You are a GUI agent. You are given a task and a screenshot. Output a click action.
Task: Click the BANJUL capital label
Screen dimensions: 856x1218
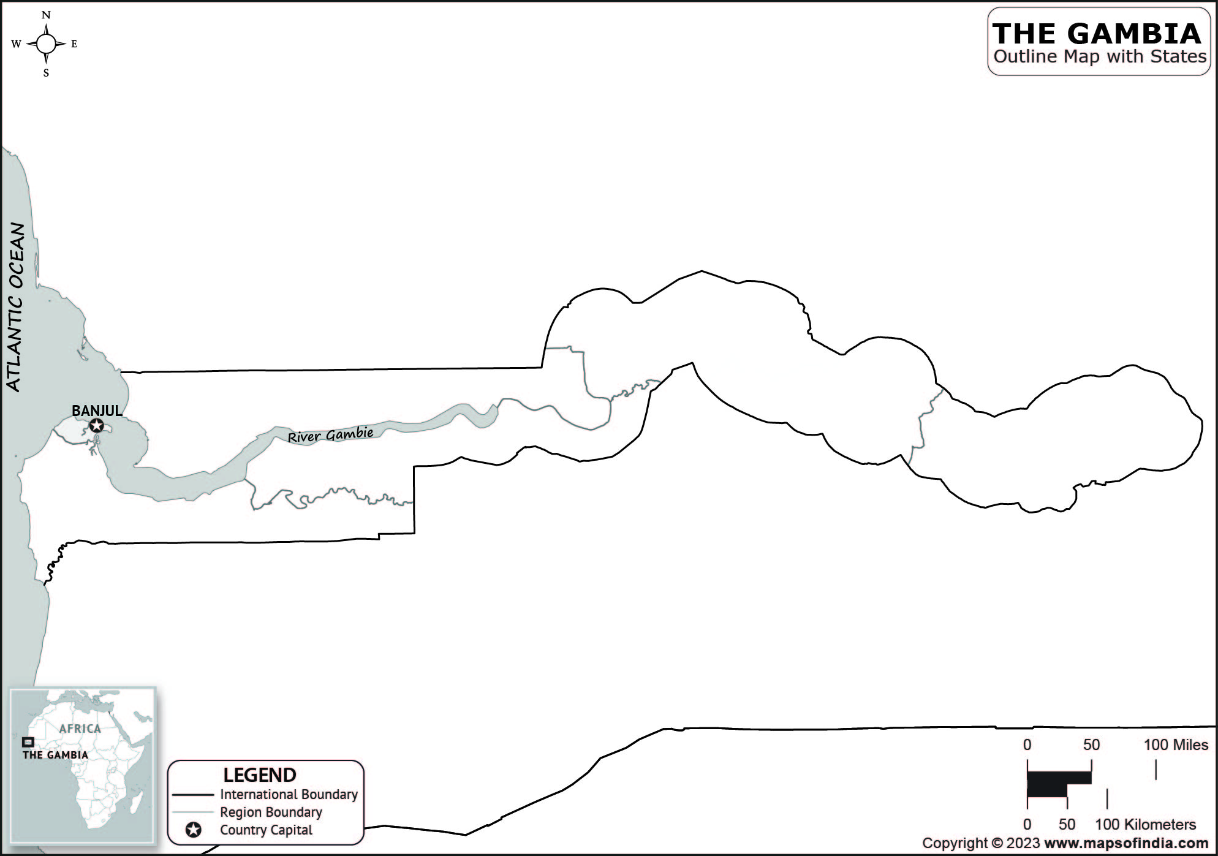(97, 411)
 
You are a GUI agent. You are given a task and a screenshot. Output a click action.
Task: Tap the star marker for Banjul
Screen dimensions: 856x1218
(96, 425)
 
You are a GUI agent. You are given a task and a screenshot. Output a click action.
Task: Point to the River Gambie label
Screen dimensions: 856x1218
(330, 435)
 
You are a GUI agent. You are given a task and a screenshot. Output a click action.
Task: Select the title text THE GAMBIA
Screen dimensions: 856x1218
(1097, 34)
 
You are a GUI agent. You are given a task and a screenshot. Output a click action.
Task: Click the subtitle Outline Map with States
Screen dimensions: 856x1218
(1100, 56)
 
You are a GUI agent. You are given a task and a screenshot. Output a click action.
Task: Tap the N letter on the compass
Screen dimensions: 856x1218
(46, 15)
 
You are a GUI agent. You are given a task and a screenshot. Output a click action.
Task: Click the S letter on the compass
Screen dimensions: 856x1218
(46, 73)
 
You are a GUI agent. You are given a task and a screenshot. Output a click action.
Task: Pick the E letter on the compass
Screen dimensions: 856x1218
(74, 44)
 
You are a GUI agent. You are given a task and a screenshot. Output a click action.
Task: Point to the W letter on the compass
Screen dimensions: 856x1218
(16, 44)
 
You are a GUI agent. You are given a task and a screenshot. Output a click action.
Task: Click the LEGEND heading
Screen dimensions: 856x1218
(260, 775)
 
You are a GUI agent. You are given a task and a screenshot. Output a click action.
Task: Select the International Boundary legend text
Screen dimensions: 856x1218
(289, 795)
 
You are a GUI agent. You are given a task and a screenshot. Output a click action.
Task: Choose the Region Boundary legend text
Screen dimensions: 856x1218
(271, 812)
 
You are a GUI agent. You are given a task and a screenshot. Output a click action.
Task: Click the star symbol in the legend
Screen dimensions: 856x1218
(194, 830)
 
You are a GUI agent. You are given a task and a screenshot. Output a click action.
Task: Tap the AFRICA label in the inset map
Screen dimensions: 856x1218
(80, 729)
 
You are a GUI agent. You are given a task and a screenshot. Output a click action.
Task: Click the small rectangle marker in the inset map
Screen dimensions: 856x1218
(28, 742)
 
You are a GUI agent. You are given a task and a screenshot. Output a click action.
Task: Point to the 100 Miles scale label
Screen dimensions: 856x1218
(1176, 745)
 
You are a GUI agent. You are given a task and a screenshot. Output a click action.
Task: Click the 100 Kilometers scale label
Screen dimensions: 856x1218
(1145, 825)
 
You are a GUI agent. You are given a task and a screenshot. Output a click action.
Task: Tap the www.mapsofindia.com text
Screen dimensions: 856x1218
(1126, 844)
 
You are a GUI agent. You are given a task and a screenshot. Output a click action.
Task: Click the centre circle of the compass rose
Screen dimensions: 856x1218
(46, 44)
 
